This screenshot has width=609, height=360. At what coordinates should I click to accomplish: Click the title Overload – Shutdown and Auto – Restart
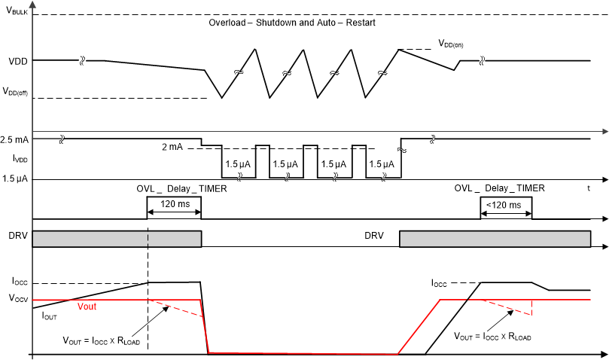click(x=292, y=23)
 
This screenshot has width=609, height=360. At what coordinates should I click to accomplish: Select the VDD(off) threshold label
click(x=16, y=91)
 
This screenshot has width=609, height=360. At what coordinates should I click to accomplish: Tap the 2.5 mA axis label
click(x=15, y=140)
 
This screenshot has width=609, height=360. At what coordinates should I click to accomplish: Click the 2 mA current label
click(x=172, y=147)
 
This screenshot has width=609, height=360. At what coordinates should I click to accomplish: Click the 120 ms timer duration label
click(x=175, y=204)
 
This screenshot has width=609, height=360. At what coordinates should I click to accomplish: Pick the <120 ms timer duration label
click(x=506, y=204)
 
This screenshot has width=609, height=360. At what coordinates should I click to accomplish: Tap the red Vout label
click(x=89, y=307)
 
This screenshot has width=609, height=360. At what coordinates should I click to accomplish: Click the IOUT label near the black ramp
click(x=50, y=317)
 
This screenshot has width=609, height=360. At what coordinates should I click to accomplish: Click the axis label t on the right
click(x=589, y=188)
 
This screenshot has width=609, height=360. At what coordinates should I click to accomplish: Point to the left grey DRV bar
click(x=117, y=238)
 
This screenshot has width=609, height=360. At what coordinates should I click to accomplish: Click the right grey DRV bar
click(x=495, y=238)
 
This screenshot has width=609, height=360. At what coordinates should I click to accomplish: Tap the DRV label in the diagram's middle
click(x=373, y=236)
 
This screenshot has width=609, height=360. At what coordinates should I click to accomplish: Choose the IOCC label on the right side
click(x=439, y=284)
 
